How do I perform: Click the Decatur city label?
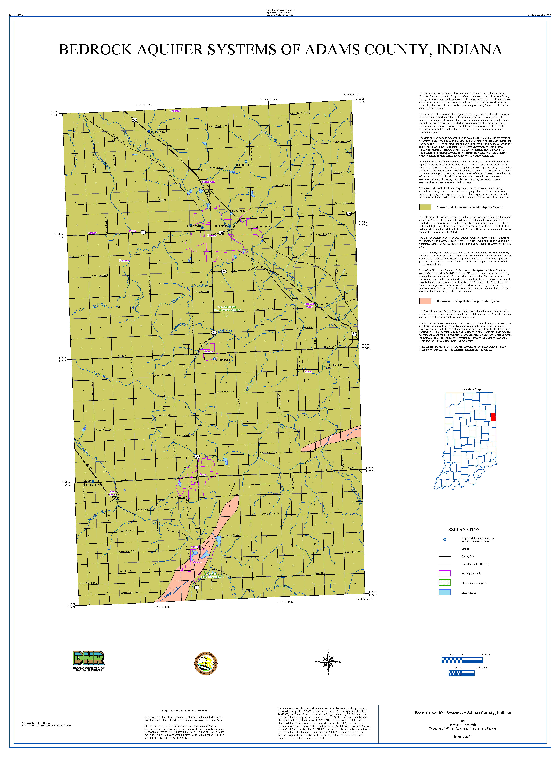212,236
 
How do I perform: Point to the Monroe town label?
209,352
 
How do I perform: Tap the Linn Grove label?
113,493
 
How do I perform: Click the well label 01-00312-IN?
336,365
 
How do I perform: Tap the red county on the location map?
493,417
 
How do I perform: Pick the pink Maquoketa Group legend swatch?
425,301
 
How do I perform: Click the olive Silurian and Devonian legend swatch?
425,207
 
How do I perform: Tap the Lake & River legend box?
444,592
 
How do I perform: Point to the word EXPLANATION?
464,529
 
